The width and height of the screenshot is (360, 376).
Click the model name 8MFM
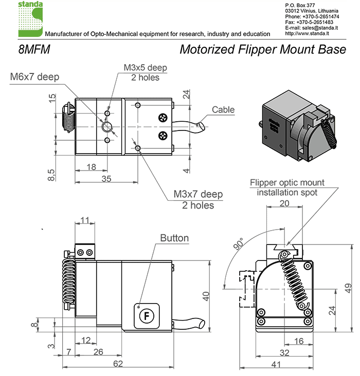click(x=33, y=50)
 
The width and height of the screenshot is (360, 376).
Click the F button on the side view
click(x=147, y=315)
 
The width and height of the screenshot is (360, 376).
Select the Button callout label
click(x=174, y=238)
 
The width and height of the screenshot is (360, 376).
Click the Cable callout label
click(x=223, y=109)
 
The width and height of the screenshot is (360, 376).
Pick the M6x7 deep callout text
click(x=35, y=78)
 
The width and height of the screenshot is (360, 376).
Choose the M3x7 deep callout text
click(x=198, y=195)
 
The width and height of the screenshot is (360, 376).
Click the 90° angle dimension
click(x=239, y=244)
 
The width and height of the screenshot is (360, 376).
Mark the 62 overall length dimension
click(x=118, y=364)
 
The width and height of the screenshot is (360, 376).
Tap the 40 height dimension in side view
click(x=206, y=296)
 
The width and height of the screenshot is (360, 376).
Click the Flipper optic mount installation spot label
click(x=287, y=187)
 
